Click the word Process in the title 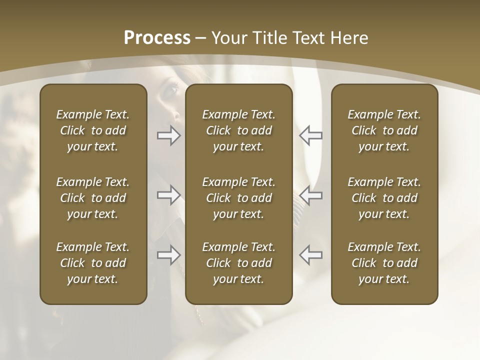[x=157, y=38]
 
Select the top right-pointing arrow [x=168, y=135]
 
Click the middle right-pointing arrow [x=168, y=195]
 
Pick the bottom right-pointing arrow [x=168, y=255]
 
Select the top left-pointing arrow [x=311, y=135]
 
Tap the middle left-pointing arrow [x=311, y=195]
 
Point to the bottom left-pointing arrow [x=311, y=255]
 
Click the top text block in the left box [x=93, y=130]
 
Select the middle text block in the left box [x=93, y=198]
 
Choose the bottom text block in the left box [x=93, y=263]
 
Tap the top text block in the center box [x=238, y=130]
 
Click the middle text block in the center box [x=238, y=198]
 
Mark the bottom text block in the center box [x=238, y=263]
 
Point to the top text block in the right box [x=384, y=130]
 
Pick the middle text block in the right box [x=384, y=198]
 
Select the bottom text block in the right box [x=384, y=263]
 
